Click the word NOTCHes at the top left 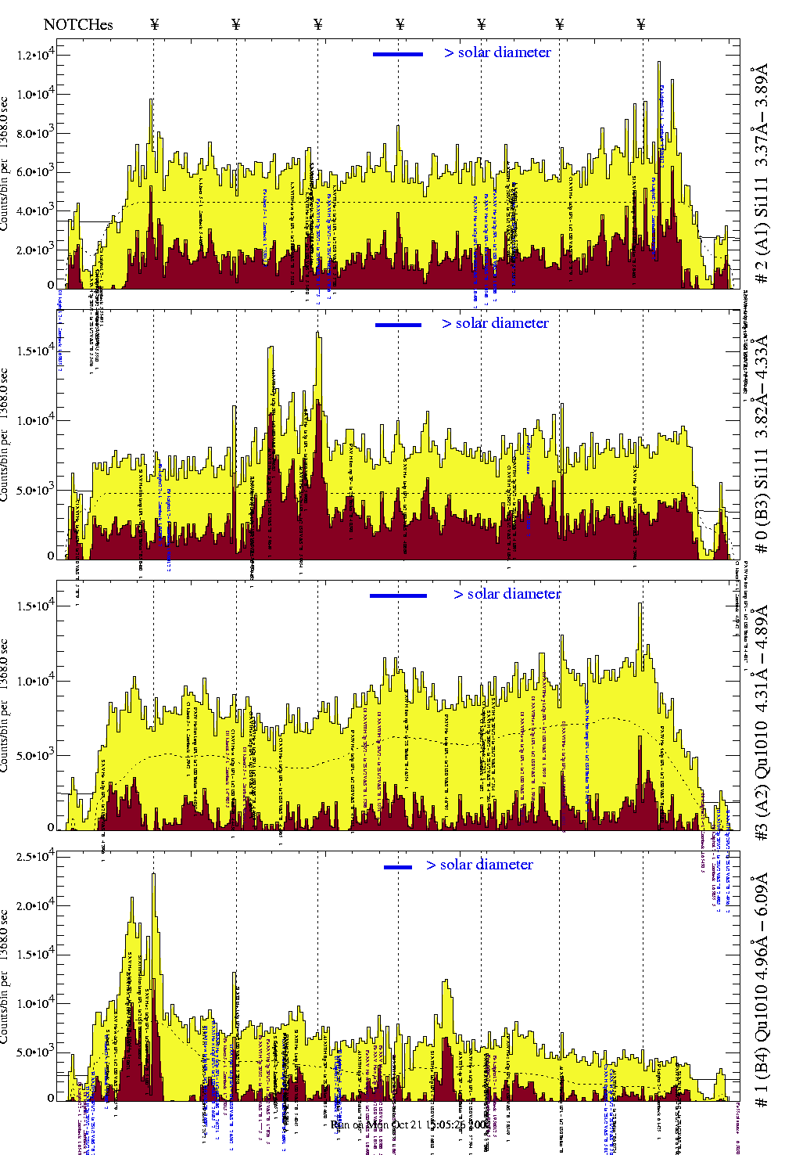(78, 24)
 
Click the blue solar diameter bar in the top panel (398, 54)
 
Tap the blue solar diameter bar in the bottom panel (398, 866)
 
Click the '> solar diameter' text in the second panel (495, 323)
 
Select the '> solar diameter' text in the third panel (507, 594)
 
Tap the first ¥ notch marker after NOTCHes (155, 24)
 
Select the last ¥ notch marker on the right (641, 24)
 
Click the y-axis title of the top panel (5, 164)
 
